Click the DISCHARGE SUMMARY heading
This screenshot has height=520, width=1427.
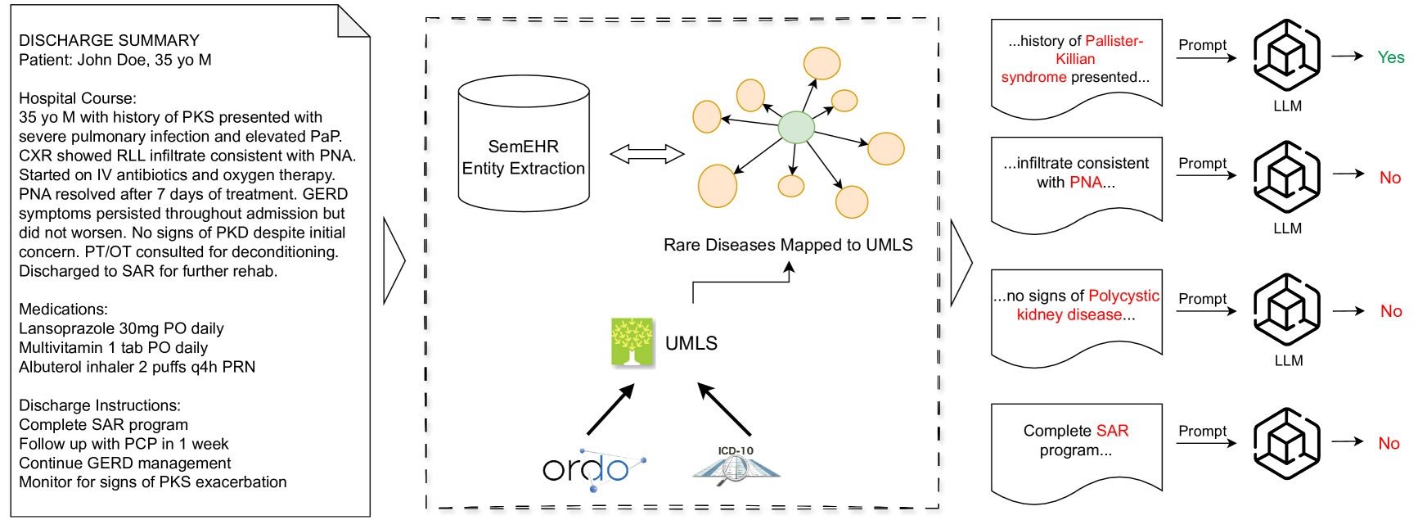[x=109, y=40]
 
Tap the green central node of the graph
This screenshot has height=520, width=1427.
[x=795, y=127]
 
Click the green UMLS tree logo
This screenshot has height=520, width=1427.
[x=632, y=341]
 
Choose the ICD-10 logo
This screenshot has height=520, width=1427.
[x=736, y=467]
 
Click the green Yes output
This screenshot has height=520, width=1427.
[x=1390, y=57]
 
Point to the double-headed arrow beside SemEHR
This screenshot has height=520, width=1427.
[x=647, y=154]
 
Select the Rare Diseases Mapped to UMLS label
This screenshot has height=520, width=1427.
[x=788, y=245]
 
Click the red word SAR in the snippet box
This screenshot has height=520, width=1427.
[x=1112, y=431]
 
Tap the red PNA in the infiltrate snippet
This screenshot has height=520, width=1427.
[x=1086, y=182]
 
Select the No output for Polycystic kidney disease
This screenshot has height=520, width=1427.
[x=1391, y=311]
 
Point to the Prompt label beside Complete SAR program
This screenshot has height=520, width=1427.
[x=1202, y=431]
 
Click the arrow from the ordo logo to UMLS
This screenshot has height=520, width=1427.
[x=610, y=409]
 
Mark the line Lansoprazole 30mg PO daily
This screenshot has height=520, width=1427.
[x=121, y=328]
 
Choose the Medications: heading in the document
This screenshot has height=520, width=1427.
[x=63, y=309]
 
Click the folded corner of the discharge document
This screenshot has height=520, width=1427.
[x=354, y=20]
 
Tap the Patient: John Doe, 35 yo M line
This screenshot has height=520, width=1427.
[x=115, y=60]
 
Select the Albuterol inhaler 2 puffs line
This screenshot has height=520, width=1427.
[x=137, y=367]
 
